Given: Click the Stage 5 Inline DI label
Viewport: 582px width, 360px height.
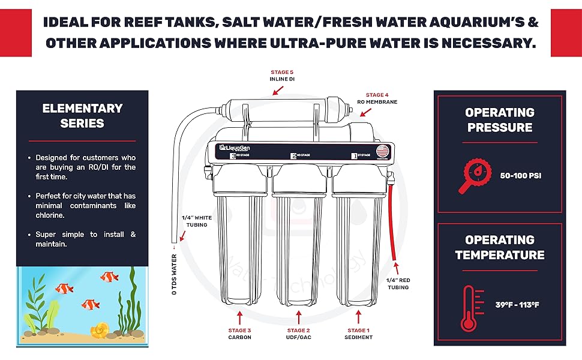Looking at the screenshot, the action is [x=283, y=75].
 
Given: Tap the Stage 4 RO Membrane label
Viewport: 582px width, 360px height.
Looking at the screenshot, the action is [x=377, y=98].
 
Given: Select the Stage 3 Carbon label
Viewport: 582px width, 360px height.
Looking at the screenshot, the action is [x=239, y=334].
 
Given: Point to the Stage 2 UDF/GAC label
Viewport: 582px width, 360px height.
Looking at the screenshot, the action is [x=299, y=334].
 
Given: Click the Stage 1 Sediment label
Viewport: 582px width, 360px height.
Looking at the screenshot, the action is [x=358, y=334].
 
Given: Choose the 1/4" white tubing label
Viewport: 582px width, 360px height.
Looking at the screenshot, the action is [x=194, y=221].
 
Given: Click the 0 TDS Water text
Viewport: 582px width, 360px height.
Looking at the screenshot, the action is [x=174, y=272].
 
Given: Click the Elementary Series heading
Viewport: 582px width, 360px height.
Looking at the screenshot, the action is [x=82, y=116].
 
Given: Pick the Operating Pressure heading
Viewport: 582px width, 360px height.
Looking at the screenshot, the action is [x=500, y=119].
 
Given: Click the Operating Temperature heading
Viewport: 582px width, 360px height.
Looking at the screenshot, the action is [x=500, y=247].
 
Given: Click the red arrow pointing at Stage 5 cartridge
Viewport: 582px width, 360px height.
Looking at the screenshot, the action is [x=277, y=90].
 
